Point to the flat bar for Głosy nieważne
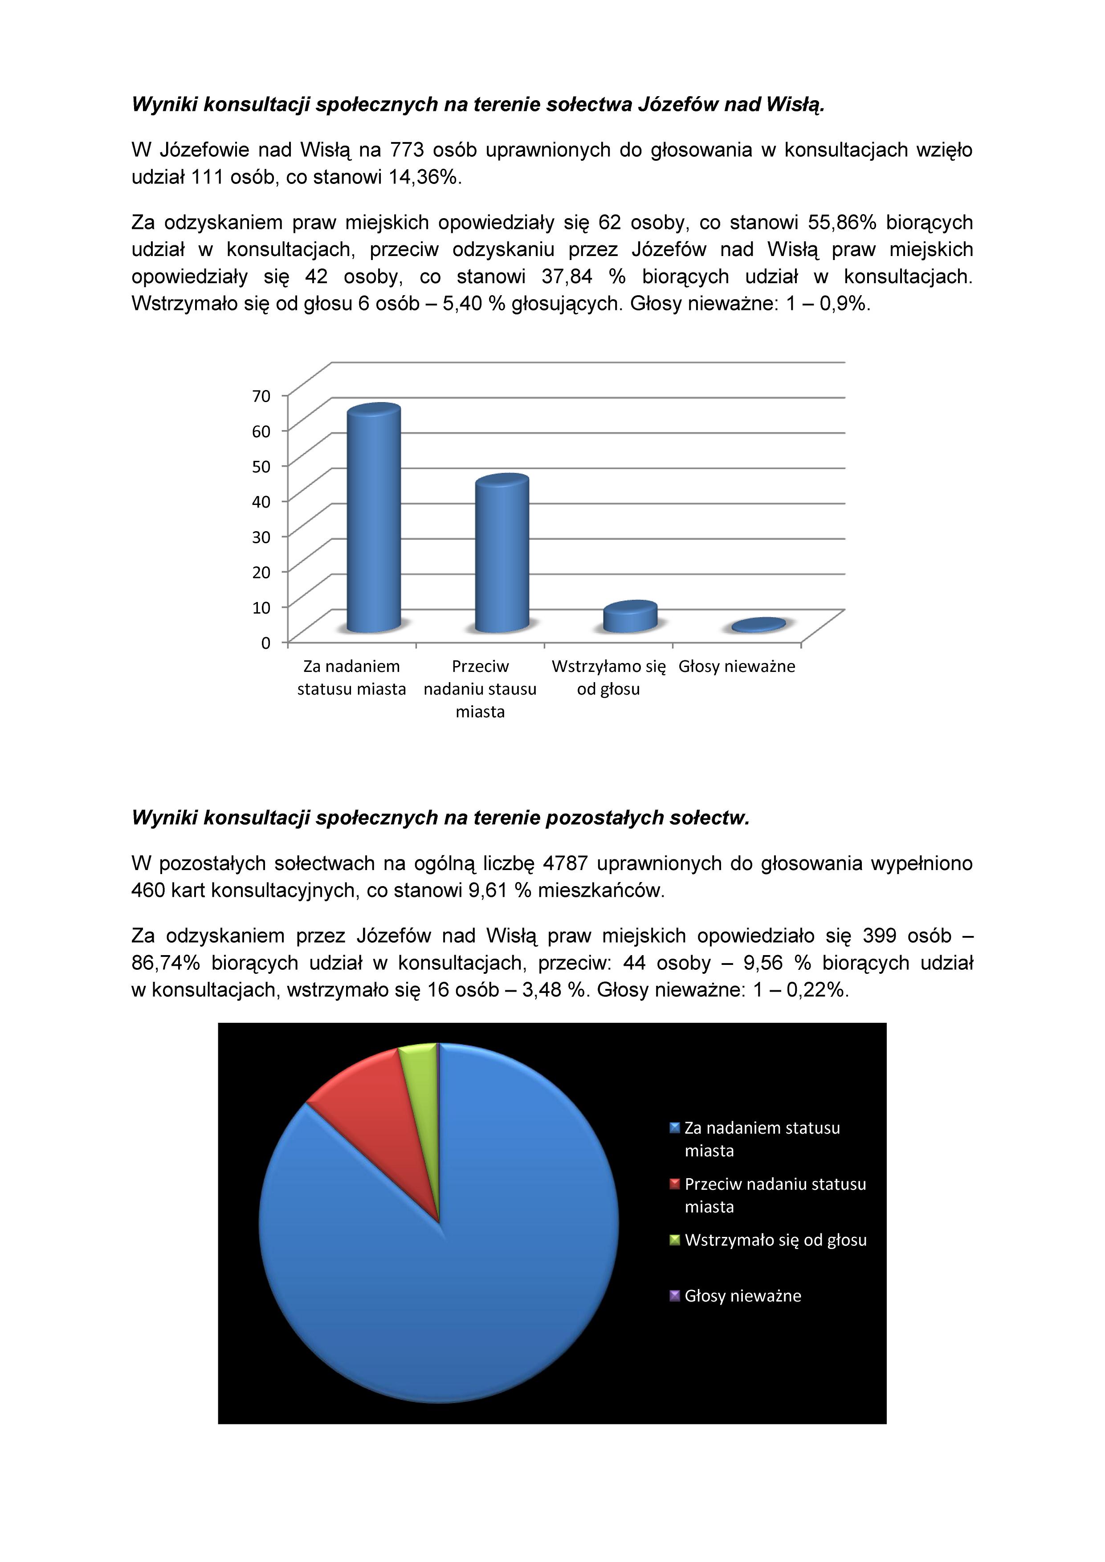click(x=758, y=625)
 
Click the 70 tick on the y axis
click(x=261, y=396)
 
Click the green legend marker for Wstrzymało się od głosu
click(x=674, y=1240)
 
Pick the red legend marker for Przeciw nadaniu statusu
click(x=674, y=1184)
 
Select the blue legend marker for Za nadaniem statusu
click(x=674, y=1128)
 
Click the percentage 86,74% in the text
click(x=165, y=963)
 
